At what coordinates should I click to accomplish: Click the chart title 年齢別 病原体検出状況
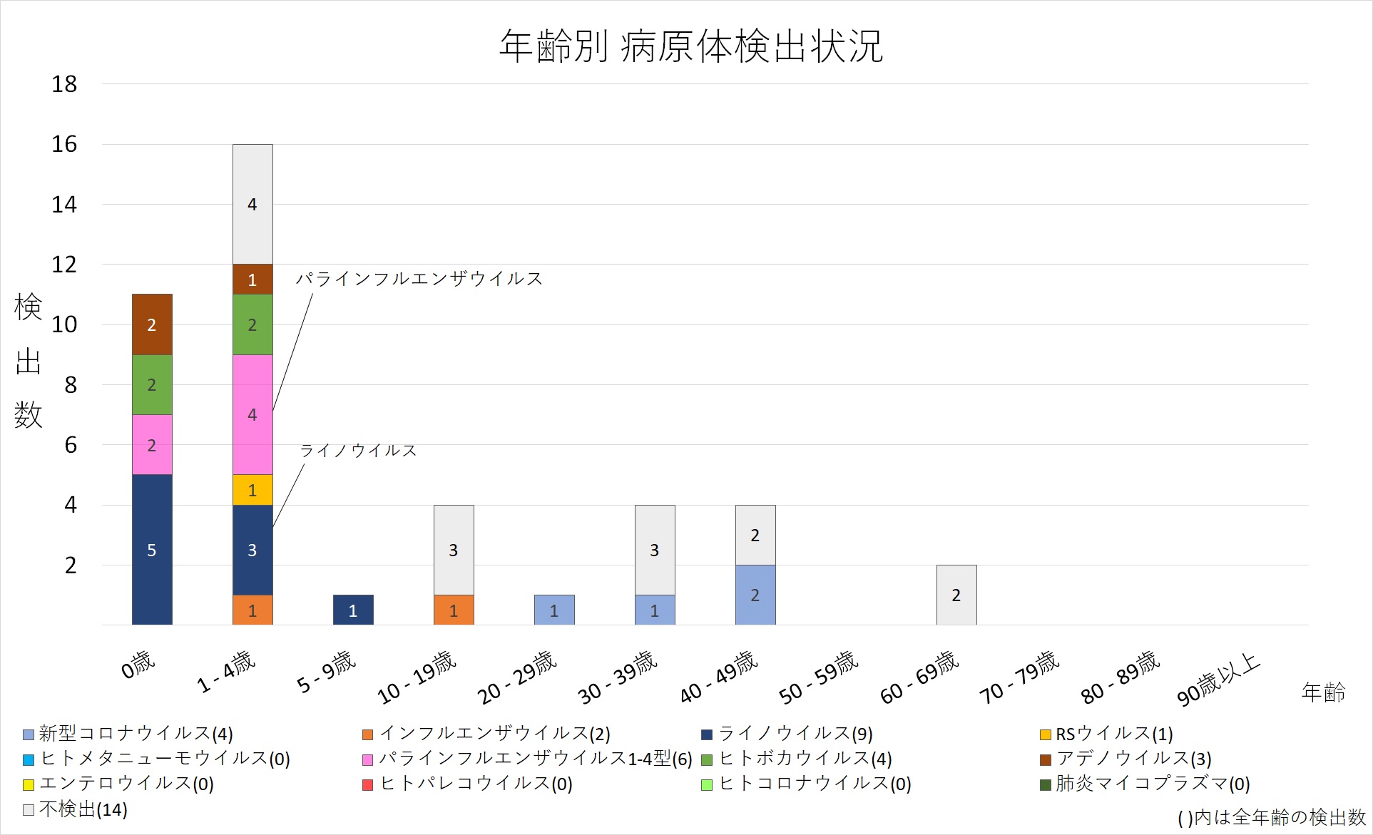coord(690,47)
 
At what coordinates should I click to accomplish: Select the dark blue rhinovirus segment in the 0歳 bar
coord(152,549)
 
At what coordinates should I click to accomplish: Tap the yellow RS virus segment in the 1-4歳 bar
coord(252,490)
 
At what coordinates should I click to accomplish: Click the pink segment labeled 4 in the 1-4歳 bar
coord(252,414)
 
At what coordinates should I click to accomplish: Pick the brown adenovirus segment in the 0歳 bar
coord(152,324)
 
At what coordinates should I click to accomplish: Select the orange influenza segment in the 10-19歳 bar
coord(454,610)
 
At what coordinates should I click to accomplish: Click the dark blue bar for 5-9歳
coord(353,610)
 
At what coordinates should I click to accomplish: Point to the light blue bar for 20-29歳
coord(554,610)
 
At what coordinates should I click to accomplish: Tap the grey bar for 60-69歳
coord(956,595)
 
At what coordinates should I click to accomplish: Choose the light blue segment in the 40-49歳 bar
coord(755,595)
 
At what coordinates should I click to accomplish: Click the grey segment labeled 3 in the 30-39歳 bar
coord(655,550)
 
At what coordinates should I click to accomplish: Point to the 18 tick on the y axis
coord(64,84)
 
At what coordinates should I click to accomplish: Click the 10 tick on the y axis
coord(64,324)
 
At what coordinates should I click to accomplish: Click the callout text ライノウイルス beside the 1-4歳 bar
coord(358,451)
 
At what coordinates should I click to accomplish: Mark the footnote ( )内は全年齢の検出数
coord(1272,817)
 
